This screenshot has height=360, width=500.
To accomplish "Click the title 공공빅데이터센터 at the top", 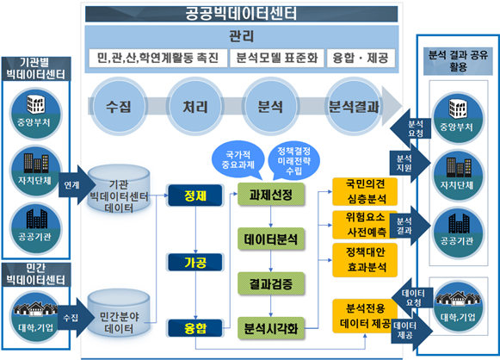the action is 241,14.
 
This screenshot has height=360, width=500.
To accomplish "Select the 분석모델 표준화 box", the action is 277,58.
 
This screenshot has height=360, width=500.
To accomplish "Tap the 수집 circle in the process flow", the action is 119,106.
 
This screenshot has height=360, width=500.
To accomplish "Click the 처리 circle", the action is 195,106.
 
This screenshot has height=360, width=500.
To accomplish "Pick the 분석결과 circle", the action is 354,106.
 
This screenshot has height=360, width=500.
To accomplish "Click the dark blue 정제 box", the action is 195,196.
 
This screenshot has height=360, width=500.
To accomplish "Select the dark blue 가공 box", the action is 195,263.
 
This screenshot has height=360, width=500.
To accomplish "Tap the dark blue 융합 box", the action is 195,328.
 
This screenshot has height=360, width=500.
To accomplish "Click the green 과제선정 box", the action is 271,194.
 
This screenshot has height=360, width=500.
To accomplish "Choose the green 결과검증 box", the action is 271,283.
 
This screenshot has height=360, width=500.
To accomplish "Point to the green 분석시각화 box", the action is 271,328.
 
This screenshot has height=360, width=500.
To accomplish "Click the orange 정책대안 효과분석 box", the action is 365,260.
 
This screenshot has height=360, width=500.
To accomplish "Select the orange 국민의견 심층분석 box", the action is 365,191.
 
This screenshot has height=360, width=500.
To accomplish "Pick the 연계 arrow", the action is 77,185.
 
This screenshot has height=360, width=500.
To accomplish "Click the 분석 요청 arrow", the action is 410,128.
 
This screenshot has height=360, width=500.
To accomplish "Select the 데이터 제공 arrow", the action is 412,331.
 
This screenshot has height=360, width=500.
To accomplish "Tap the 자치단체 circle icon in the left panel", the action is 36,171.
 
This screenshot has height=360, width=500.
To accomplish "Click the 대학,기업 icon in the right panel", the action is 458,307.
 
